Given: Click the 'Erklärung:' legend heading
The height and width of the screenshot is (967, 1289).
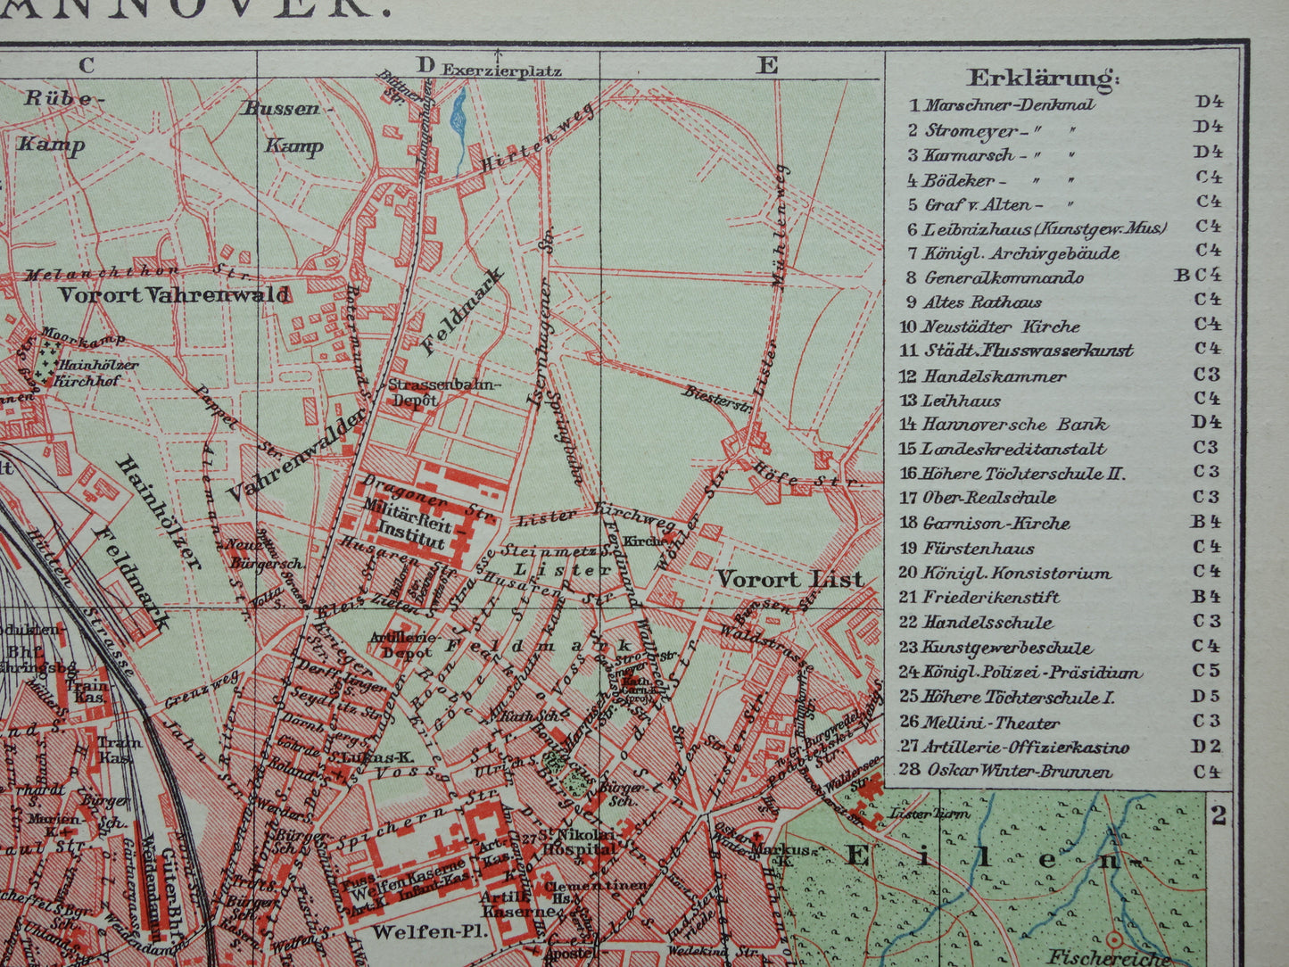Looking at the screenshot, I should tap(1043, 78).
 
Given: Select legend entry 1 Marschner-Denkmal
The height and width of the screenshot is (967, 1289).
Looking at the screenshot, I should tap(1000, 104).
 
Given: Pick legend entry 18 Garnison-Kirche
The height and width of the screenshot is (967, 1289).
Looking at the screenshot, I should tap(995, 524).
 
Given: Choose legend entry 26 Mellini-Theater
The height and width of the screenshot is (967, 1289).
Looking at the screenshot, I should tap(991, 723).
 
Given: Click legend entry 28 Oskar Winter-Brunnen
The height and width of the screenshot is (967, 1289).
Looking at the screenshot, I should tap(1018, 771).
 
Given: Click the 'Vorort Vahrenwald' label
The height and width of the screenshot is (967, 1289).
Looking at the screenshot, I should tap(174, 295).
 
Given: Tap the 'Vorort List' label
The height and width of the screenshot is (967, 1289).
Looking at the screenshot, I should tap(790, 579).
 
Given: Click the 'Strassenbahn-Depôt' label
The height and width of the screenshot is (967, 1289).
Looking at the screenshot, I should tap(446, 393).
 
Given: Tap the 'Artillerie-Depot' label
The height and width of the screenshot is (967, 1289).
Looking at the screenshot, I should tap(407, 645).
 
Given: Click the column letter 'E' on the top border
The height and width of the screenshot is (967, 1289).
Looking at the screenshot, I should tap(767, 65).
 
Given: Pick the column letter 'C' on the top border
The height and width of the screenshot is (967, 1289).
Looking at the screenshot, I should tap(87, 65).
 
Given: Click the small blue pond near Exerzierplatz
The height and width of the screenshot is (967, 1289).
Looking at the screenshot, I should tap(459, 116).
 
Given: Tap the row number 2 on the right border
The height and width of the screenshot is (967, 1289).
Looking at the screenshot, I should tap(1219, 814).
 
